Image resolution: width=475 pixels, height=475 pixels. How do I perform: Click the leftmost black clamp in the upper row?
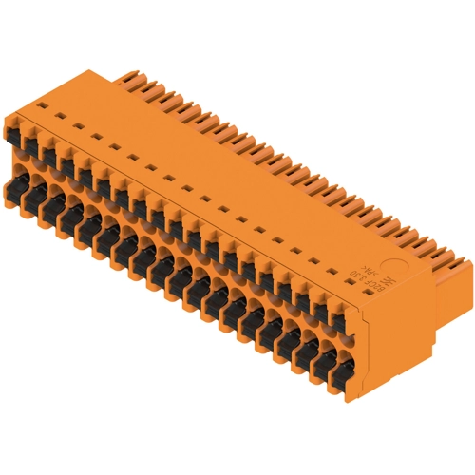pos(28,143)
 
